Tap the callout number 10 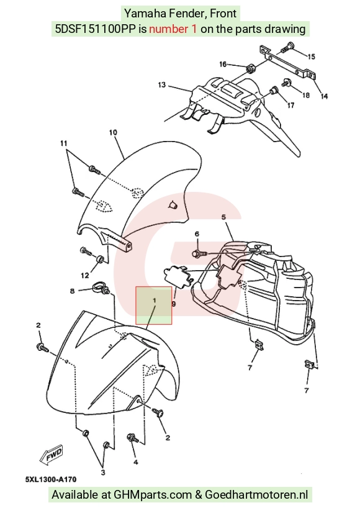tap(113, 132)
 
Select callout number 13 tap(162, 85)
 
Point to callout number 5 tap(223, 217)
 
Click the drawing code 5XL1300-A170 tap(51, 479)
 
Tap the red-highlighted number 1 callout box tap(154, 305)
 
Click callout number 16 tap(223, 65)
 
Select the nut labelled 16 tap(250, 69)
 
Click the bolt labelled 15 tap(287, 48)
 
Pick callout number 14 tap(324, 96)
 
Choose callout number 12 tap(85, 275)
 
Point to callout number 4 tap(136, 462)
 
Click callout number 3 tap(103, 473)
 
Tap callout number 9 tap(174, 304)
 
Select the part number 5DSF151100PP tap(96, 29)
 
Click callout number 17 tap(290, 106)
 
